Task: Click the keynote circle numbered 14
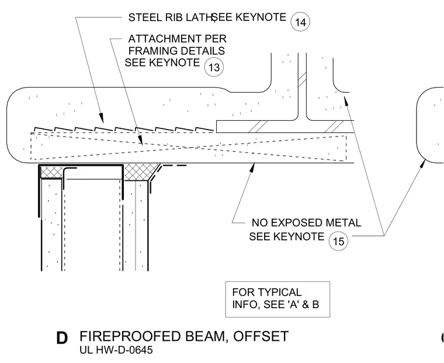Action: pos(300,22)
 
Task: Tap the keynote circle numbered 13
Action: pos(214,67)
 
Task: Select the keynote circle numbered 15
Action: pos(338,241)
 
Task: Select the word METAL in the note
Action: pos(344,223)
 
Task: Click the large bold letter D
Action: pos(62,338)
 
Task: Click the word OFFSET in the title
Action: pos(261,336)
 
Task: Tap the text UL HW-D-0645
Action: pos(116,350)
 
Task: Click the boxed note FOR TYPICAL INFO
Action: pos(277,299)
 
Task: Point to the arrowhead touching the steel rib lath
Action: pos(102,118)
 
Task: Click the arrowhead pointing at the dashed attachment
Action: pos(140,139)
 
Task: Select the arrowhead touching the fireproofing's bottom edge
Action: pos(252,167)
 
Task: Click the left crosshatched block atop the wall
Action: pos(52,172)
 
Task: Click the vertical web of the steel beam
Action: pos(302,86)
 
